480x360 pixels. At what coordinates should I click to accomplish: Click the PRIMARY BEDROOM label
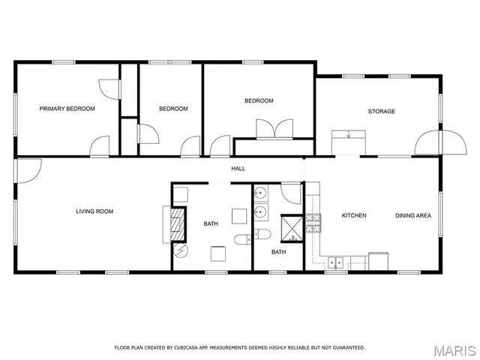click(67, 109)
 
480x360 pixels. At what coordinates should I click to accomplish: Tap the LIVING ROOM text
click(94, 211)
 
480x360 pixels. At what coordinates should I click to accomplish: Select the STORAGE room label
click(381, 112)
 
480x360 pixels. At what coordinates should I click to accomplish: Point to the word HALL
click(238, 169)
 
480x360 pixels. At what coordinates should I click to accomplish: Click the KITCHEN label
click(354, 216)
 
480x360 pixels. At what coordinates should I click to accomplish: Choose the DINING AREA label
click(413, 216)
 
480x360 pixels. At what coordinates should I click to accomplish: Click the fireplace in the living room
click(178, 223)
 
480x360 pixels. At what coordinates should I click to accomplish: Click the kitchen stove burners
click(313, 222)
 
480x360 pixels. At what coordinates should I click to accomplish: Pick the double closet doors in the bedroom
click(274, 129)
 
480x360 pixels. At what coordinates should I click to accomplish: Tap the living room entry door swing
click(28, 171)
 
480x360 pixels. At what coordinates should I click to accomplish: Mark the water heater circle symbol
click(178, 250)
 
